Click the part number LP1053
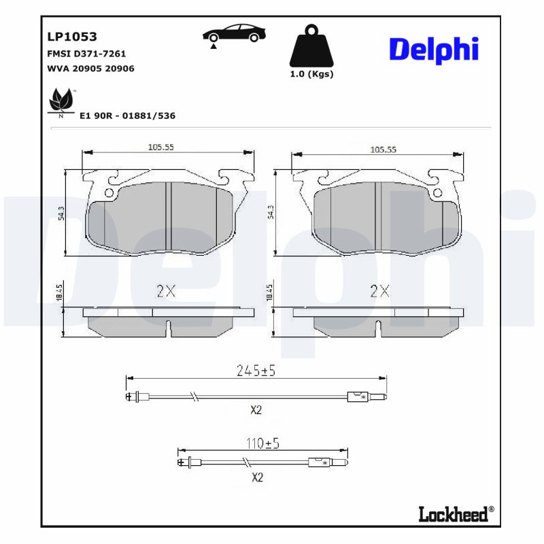71,37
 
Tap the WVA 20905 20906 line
90,68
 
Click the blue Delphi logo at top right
434,49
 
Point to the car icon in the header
233,34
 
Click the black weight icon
312,46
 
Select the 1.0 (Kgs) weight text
312,75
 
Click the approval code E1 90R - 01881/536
127,116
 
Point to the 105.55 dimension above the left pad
162,148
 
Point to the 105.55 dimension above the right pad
383,150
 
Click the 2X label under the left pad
166,292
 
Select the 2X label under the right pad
379,292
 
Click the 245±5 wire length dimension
256,371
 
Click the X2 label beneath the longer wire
256,410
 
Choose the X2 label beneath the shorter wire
257,477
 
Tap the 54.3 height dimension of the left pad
62,212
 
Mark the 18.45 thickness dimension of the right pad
270,293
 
